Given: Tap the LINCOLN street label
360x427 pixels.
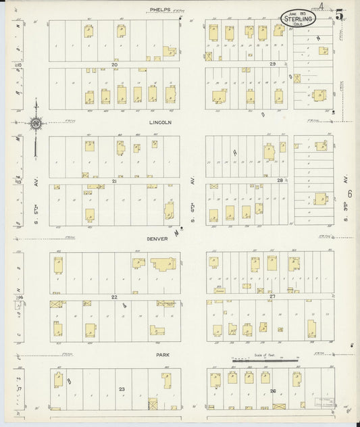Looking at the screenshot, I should click(161, 122).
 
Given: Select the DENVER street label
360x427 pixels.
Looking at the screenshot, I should click(161, 238).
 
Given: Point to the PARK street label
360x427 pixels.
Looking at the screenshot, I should click(161, 353).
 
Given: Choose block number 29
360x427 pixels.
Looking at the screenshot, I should click(272, 64).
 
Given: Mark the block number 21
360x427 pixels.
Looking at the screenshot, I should click(114, 181).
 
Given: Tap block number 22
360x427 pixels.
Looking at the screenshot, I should click(114, 297).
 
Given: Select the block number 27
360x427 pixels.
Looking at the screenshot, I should click(272, 296).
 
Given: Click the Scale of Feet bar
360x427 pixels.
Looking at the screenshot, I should click(265, 361).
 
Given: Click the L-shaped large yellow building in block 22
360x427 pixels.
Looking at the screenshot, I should click(162, 265).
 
